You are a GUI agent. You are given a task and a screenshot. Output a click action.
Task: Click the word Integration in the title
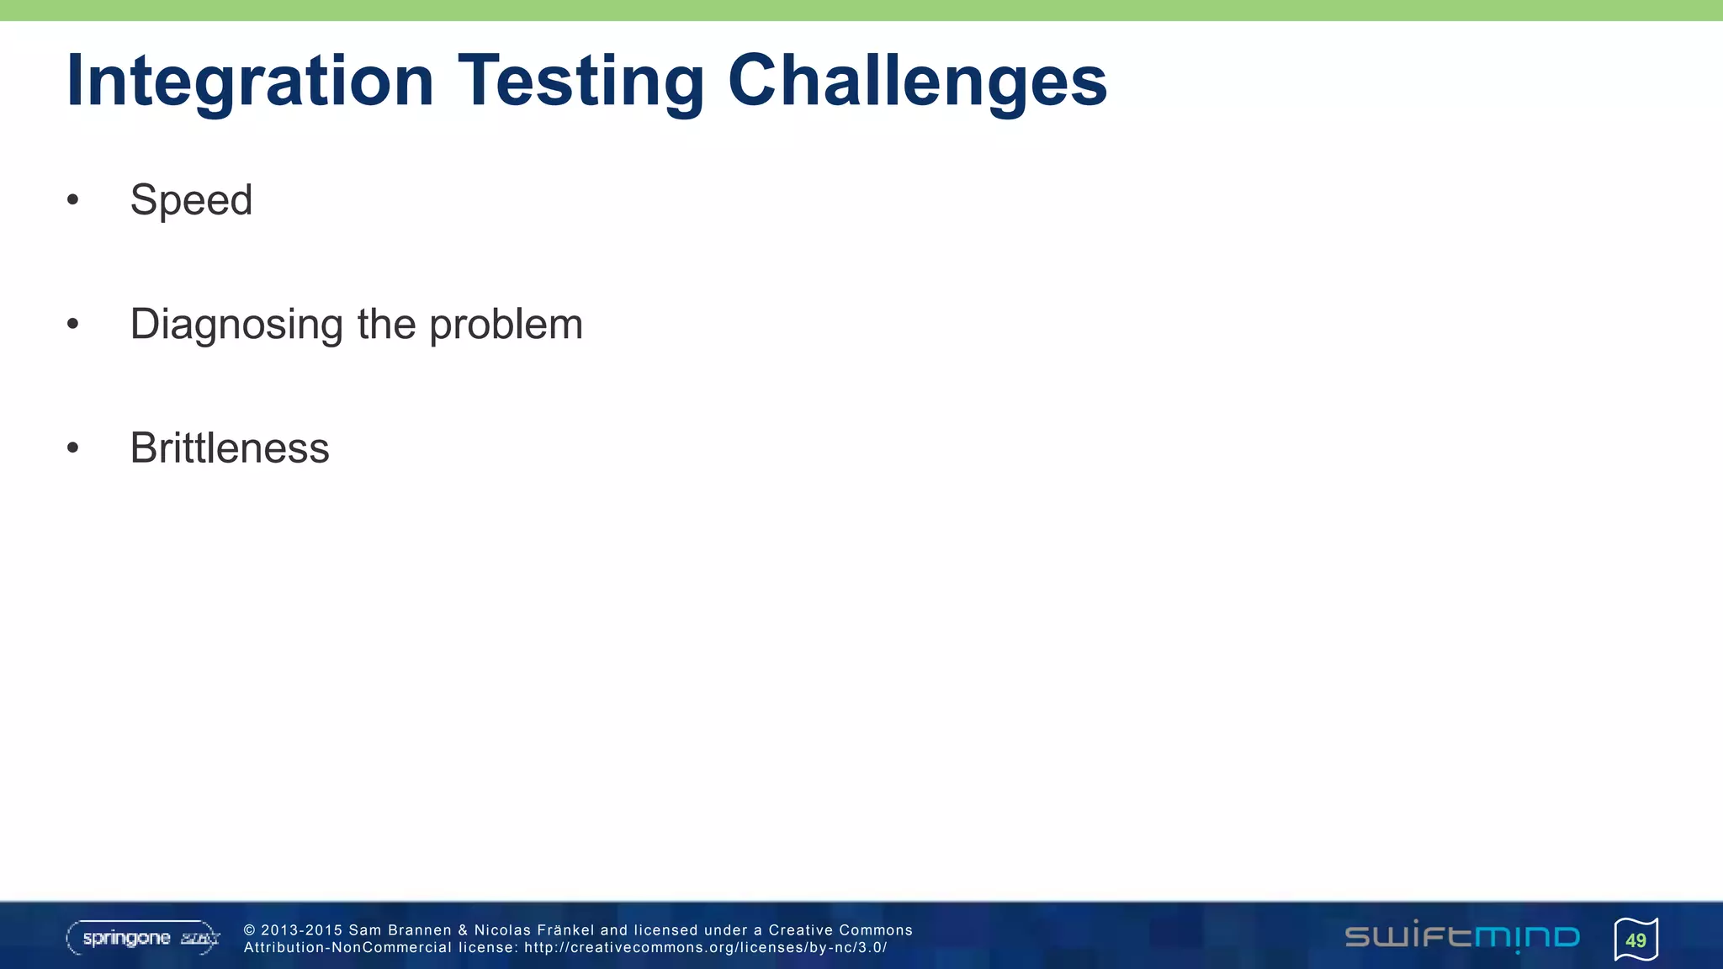point(250,82)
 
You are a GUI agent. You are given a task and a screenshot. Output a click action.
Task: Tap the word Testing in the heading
point(581,82)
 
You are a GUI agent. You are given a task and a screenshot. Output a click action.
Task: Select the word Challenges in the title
point(917,82)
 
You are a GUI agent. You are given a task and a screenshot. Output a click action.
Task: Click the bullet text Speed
point(191,200)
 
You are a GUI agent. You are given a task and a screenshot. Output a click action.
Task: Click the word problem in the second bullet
point(506,325)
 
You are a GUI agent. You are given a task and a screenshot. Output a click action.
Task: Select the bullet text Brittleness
point(230,447)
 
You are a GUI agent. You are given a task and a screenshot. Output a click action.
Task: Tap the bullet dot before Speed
point(73,200)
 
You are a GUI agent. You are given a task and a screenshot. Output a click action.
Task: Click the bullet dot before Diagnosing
point(73,324)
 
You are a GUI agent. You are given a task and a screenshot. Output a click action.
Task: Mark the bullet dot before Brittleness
point(73,447)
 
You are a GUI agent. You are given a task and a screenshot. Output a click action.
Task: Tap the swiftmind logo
point(1462,936)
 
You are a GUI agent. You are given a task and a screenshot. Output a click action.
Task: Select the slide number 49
point(1636,940)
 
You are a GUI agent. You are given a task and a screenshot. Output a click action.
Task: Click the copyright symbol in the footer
point(250,930)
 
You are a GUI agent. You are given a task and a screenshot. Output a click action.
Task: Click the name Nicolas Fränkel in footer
point(534,930)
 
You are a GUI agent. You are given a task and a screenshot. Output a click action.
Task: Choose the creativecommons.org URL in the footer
point(705,948)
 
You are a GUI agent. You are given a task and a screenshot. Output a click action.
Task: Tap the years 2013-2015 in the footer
point(302,930)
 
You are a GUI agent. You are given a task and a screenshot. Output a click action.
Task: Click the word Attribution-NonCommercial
point(347,948)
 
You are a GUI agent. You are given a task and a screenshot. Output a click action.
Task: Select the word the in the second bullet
point(386,325)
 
